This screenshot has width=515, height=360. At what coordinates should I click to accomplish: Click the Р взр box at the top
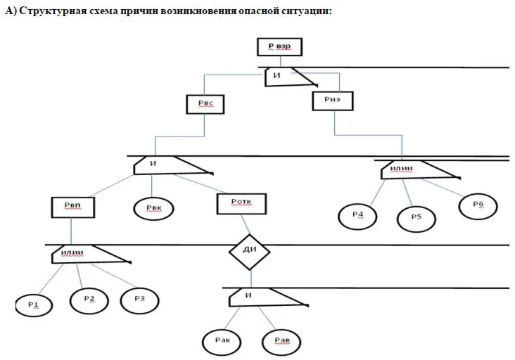coord(279,48)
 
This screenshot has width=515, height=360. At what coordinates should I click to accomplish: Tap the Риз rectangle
coord(333,101)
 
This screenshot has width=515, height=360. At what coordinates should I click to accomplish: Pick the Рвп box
coord(72,207)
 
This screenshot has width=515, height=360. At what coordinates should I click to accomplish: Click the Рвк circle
coord(154,208)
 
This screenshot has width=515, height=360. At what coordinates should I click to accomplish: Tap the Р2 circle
coord(89,300)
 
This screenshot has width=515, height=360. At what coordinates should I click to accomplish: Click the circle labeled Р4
coord(358,216)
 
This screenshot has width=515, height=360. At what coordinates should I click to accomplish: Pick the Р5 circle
coord(416,219)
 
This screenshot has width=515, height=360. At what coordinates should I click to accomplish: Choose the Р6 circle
coord(478,206)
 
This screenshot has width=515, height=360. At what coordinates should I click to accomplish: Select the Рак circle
coord(222,342)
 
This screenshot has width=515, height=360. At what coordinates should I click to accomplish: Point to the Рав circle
coord(281,342)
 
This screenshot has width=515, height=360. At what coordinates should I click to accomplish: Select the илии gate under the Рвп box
coord(82,254)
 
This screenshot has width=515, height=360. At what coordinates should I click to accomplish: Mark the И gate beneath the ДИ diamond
coord(257,297)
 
